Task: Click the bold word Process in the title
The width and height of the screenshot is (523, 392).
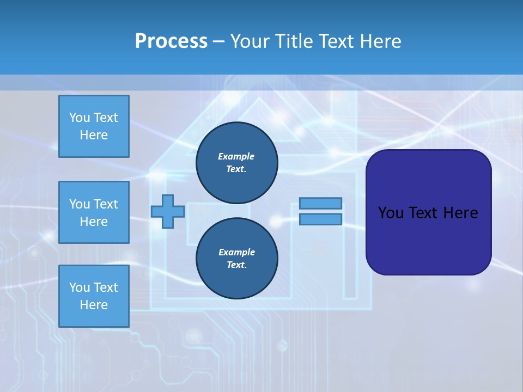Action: [171, 41]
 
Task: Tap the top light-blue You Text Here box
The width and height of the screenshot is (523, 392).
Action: [94, 126]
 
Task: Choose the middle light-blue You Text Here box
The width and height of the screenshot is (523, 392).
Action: [94, 212]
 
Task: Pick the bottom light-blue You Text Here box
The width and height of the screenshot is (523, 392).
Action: [94, 296]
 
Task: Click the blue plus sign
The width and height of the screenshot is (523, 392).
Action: [168, 211]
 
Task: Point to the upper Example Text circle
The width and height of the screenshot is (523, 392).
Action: [236, 163]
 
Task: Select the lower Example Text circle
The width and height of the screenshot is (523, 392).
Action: [236, 259]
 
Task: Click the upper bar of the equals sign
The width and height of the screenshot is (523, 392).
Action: [320, 204]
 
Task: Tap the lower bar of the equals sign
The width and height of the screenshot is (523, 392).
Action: [320, 219]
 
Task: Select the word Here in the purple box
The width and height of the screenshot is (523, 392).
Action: [461, 213]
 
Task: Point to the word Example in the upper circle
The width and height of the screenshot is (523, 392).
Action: [236, 156]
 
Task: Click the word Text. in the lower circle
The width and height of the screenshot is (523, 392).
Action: [236, 265]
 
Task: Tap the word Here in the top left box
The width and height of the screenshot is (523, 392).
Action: [94, 135]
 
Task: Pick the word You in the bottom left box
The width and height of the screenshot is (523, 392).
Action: [80, 287]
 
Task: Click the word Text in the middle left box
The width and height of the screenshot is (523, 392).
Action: [106, 204]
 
